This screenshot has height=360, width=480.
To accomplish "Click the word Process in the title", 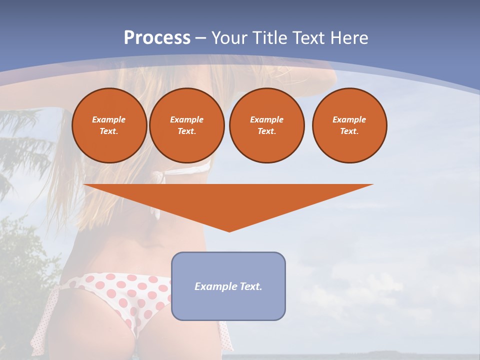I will (157, 38).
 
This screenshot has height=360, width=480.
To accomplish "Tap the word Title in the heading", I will (268, 38).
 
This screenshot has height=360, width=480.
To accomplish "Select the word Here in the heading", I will (349, 38).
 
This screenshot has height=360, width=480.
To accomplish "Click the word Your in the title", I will (229, 38).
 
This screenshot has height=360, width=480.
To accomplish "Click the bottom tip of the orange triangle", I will (229, 230).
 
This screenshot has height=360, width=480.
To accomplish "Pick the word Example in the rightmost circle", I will (349, 119).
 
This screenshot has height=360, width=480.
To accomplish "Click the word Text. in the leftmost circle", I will (109, 131).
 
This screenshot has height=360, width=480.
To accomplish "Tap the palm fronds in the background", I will (25, 145).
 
